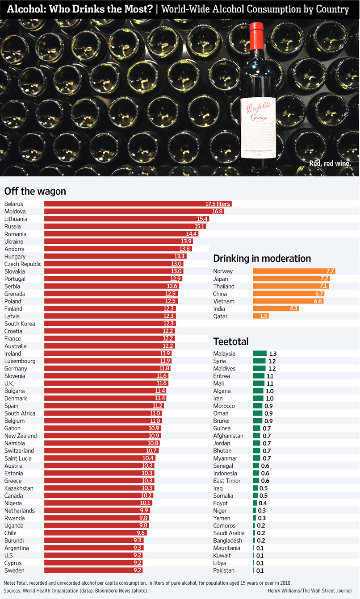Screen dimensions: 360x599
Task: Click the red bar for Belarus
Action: tap(138, 204)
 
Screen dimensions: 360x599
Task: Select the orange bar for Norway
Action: tap(294, 271)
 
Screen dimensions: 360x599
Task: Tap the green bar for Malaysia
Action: tap(260, 353)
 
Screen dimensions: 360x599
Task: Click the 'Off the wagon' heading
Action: tap(35, 191)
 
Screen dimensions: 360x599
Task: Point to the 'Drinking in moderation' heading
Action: tap(262, 258)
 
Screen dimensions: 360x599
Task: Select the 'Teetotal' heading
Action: tap(231, 341)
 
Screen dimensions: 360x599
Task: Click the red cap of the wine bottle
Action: tap(256, 36)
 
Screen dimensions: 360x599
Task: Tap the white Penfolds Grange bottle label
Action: tap(258, 128)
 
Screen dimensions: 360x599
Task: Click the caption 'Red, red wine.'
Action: tap(330, 163)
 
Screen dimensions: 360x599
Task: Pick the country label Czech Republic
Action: tap(23, 264)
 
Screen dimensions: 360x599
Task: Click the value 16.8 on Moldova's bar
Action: tap(218, 212)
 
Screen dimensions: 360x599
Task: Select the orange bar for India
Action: tap(276, 308)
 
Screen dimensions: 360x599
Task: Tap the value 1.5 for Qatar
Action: tap(264, 316)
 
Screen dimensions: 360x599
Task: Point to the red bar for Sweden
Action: tap(93, 570)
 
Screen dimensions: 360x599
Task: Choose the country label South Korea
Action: tap(20, 324)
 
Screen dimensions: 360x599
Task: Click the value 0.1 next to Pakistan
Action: tap(260, 570)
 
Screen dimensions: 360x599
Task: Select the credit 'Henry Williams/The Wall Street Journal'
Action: tap(310, 591)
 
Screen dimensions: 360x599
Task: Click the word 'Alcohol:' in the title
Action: tap(26, 9)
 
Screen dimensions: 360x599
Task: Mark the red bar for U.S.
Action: tap(93, 555)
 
